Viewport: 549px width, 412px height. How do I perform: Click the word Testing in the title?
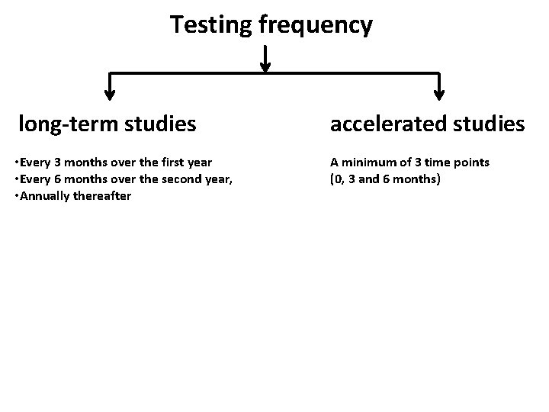coord(211,25)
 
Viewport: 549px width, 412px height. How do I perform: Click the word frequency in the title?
coord(316,25)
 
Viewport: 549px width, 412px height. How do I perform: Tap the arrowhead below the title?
coord(265,66)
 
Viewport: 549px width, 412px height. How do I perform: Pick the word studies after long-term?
coord(162,123)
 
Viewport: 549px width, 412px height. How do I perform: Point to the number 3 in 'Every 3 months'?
coord(53,163)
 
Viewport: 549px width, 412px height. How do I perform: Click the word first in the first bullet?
coord(174,163)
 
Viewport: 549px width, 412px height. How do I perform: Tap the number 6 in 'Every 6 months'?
coord(53,179)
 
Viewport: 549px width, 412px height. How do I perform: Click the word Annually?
coord(43,196)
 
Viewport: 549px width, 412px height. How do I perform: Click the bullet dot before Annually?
coord(17,196)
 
